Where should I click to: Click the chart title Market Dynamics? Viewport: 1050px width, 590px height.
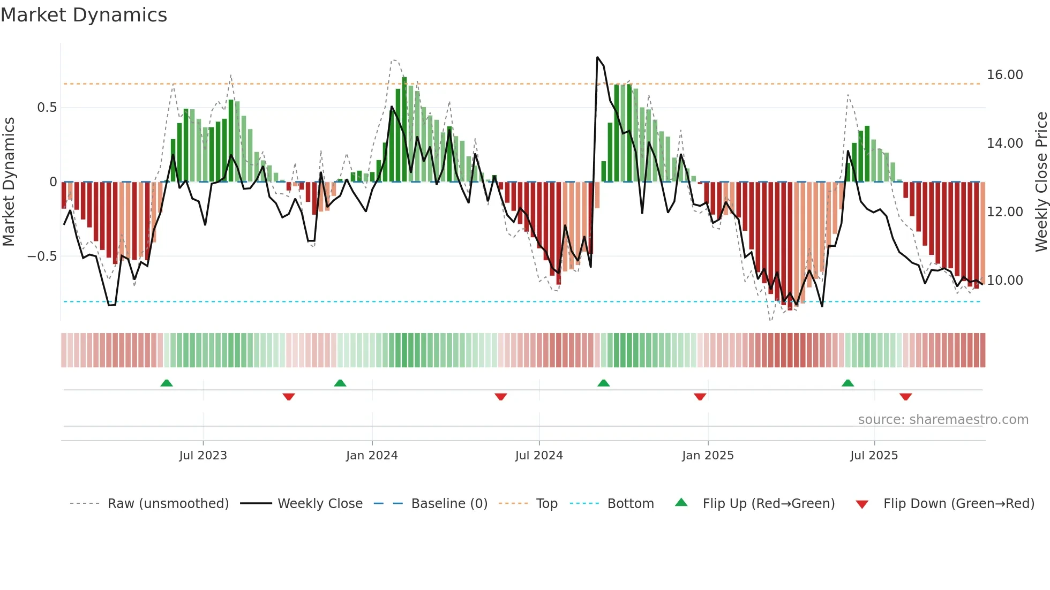click(84, 15)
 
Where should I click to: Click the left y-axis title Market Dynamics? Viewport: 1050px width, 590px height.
click(9, 181)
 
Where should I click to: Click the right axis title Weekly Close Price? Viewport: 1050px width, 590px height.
click(1041, 181)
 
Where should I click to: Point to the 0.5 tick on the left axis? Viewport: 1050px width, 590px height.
click(47, 108)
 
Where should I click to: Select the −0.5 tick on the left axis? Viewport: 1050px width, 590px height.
click(42, 256)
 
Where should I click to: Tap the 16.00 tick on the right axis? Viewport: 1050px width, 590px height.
click(1004, 75)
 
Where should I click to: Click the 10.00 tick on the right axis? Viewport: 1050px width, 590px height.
click(1004, 281)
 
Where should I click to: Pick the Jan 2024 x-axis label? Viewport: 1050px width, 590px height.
click(372, 456)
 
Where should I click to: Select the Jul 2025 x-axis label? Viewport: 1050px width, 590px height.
click(874, 456)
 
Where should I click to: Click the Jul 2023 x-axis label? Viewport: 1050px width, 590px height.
click(203, 456)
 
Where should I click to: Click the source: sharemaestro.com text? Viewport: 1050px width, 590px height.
click(943, 420)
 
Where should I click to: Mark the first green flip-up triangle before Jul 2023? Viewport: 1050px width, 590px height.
click(167, 383)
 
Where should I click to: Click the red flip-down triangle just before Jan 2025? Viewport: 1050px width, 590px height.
click(700, 397)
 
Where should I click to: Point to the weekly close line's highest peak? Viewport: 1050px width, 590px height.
click(597, 57)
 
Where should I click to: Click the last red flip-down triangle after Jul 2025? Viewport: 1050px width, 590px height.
click(905, 397)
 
